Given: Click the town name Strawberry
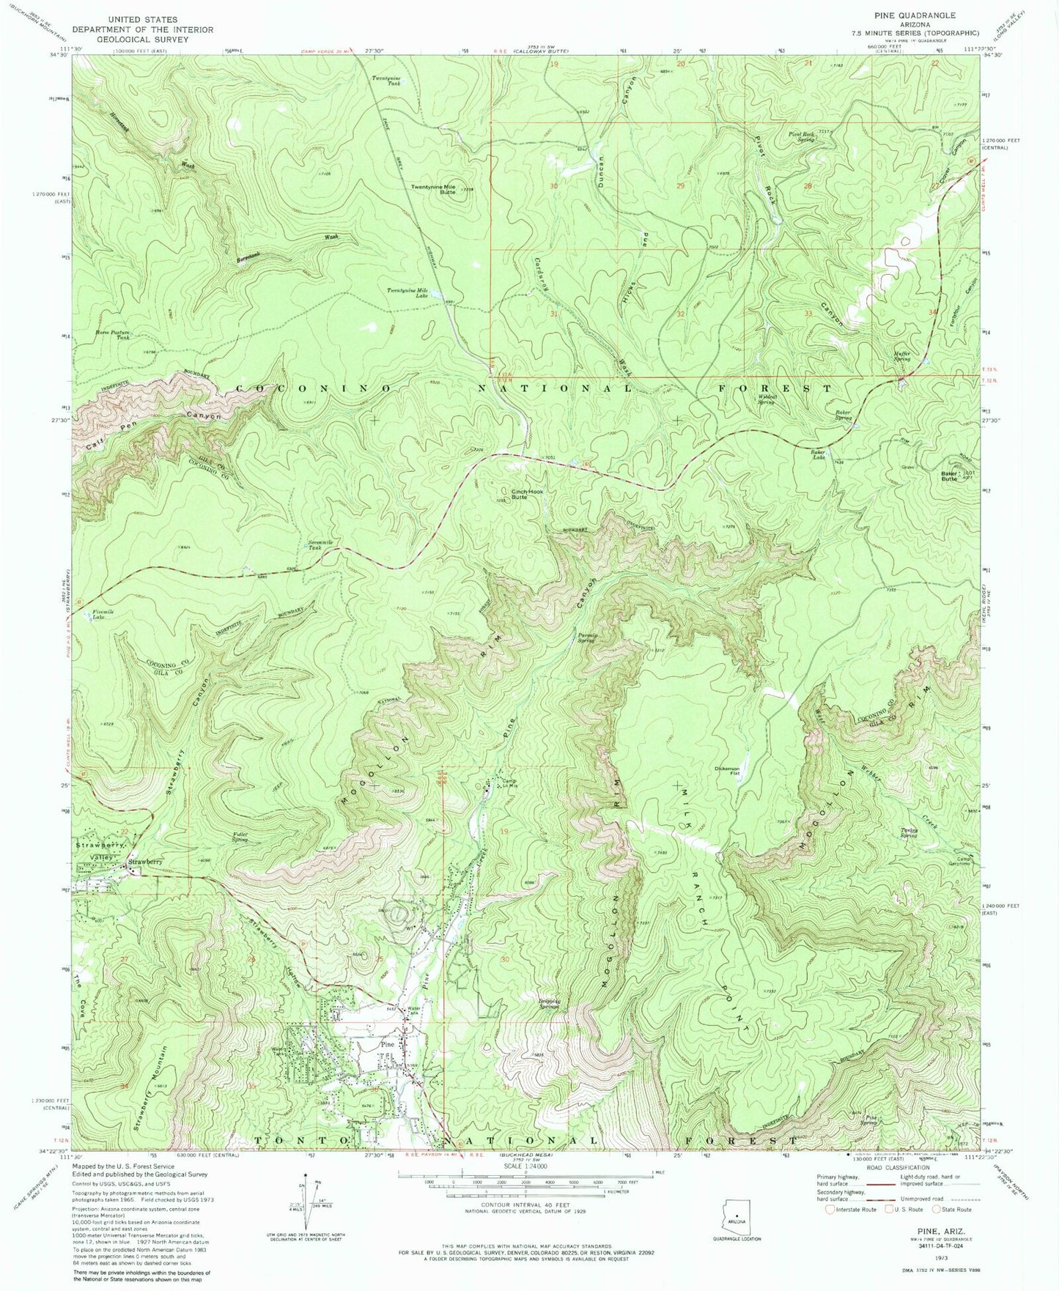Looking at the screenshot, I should click(144, 862).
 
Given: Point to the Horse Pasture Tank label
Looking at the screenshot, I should click(112, 335).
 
